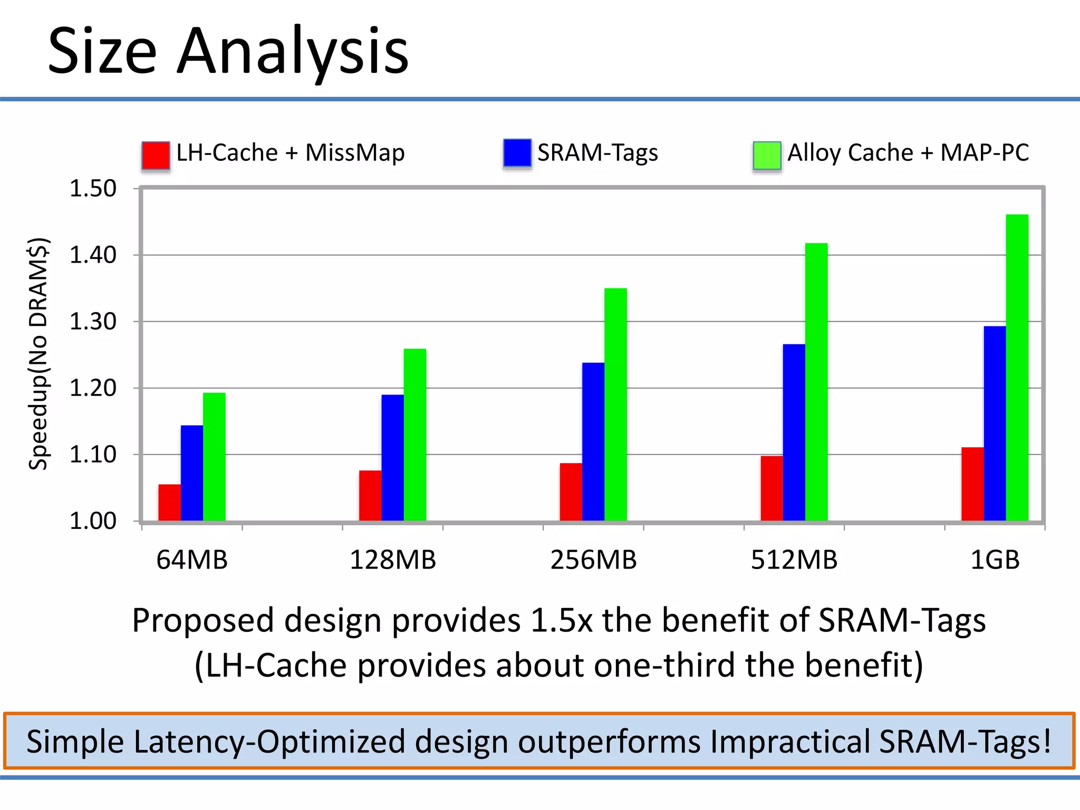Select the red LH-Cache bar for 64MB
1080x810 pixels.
169,503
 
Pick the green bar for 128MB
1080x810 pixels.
414,435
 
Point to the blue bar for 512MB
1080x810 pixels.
794,432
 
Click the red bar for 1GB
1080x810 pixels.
972,484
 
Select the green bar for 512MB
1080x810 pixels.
816,382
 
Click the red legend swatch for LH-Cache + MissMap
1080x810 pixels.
156,155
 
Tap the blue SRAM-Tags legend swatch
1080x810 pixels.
517,153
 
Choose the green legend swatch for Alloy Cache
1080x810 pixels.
767,156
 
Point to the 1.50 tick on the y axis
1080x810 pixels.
93,189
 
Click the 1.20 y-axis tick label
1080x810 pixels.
93,388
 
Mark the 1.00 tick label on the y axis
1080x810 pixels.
93,521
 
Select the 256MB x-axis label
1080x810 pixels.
593,560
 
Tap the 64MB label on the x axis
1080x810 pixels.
192,560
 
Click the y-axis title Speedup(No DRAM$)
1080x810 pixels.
38,353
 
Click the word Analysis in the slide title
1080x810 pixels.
292,52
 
